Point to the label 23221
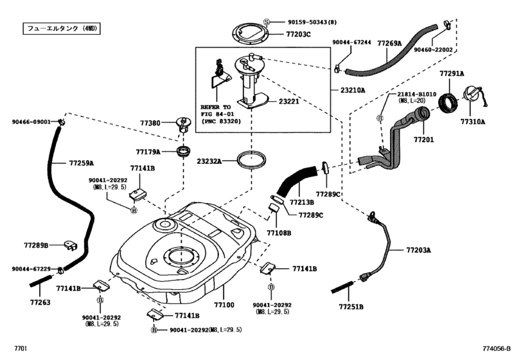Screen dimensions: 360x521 pos(291,102)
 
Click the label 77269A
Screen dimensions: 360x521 pos(389,44)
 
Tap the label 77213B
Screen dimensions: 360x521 pos(302,202)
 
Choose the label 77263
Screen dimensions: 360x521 pos(40,301)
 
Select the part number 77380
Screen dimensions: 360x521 pos(150,123)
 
